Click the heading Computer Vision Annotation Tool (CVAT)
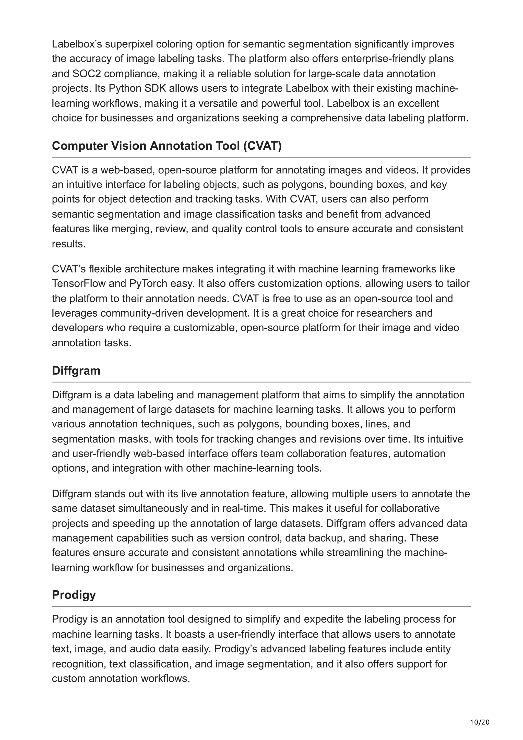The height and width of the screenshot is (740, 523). click(167, 146)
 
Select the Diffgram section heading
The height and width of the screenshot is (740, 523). click(76, 371)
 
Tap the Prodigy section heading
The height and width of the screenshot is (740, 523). click(74, 595)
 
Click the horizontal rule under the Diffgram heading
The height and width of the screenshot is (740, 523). click(261, 382)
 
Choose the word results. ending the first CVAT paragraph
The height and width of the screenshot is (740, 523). click(69, 244)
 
